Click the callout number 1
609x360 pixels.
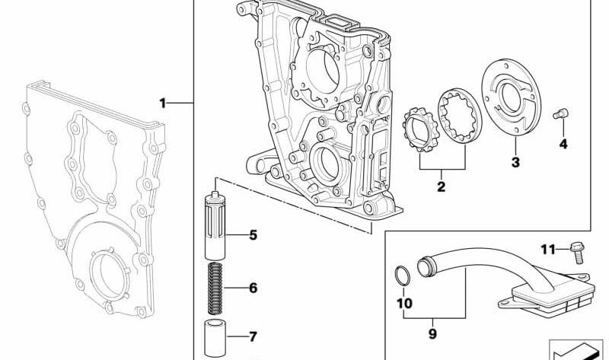coord(161,102)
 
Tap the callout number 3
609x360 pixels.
coord(515,161)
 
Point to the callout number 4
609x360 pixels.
coord(563,143)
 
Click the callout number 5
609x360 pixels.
coord(253,235)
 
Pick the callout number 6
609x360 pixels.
coord(253,288)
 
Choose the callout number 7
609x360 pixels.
coord(253,335)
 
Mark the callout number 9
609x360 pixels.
coord(432,332)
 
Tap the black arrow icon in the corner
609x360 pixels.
coord(576,351)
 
